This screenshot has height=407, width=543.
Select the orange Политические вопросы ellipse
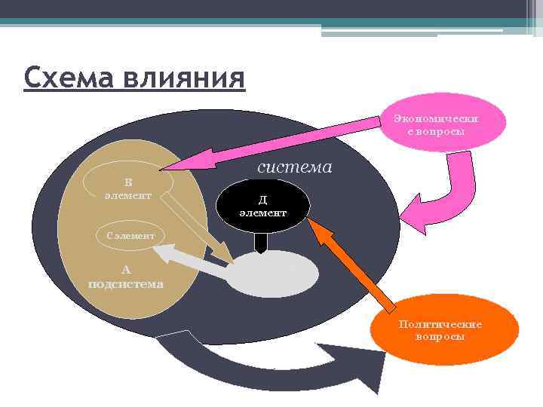coord(440,329)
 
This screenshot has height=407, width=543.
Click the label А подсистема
coord(125,277)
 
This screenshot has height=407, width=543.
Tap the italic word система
coord(294,167)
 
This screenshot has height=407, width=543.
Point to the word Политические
coord(440,324)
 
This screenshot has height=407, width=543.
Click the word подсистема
coord(125,284)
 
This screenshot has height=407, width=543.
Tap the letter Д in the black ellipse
coord(262,200)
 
